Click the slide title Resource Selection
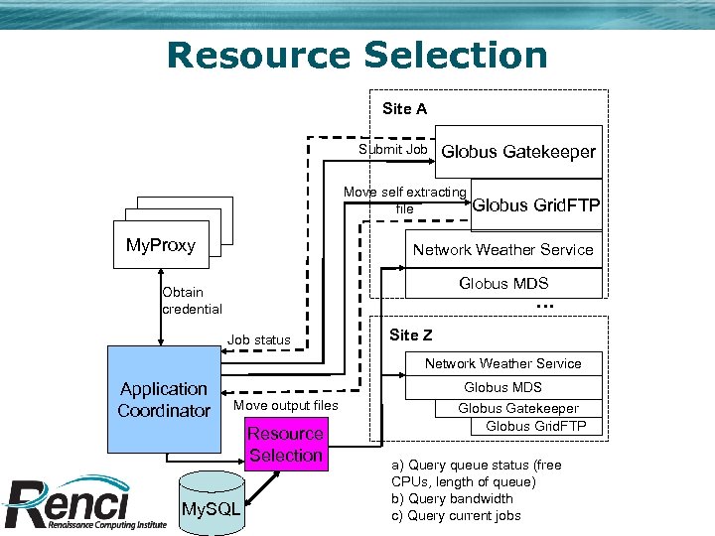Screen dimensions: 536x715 [357, 55]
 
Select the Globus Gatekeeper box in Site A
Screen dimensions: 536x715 [518, 152]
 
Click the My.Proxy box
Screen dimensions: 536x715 [161, 246]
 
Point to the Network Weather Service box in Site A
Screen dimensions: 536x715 [502, 250]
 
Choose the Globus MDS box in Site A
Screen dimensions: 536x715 [503, 284]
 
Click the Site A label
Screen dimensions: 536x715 [404, 109]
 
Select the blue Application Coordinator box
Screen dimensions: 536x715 [164, 400]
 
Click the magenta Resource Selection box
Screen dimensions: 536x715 [285, 445]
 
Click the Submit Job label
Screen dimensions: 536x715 [393, 150]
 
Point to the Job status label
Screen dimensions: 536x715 [259, 340]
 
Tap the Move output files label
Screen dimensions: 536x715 [286, 405]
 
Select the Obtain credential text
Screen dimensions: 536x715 [192, 301]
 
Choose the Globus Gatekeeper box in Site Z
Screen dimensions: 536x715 [517, 408]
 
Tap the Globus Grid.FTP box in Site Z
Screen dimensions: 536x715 [536, 427]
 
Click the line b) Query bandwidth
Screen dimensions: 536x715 [452, 498]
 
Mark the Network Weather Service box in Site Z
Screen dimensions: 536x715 [502, 363]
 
